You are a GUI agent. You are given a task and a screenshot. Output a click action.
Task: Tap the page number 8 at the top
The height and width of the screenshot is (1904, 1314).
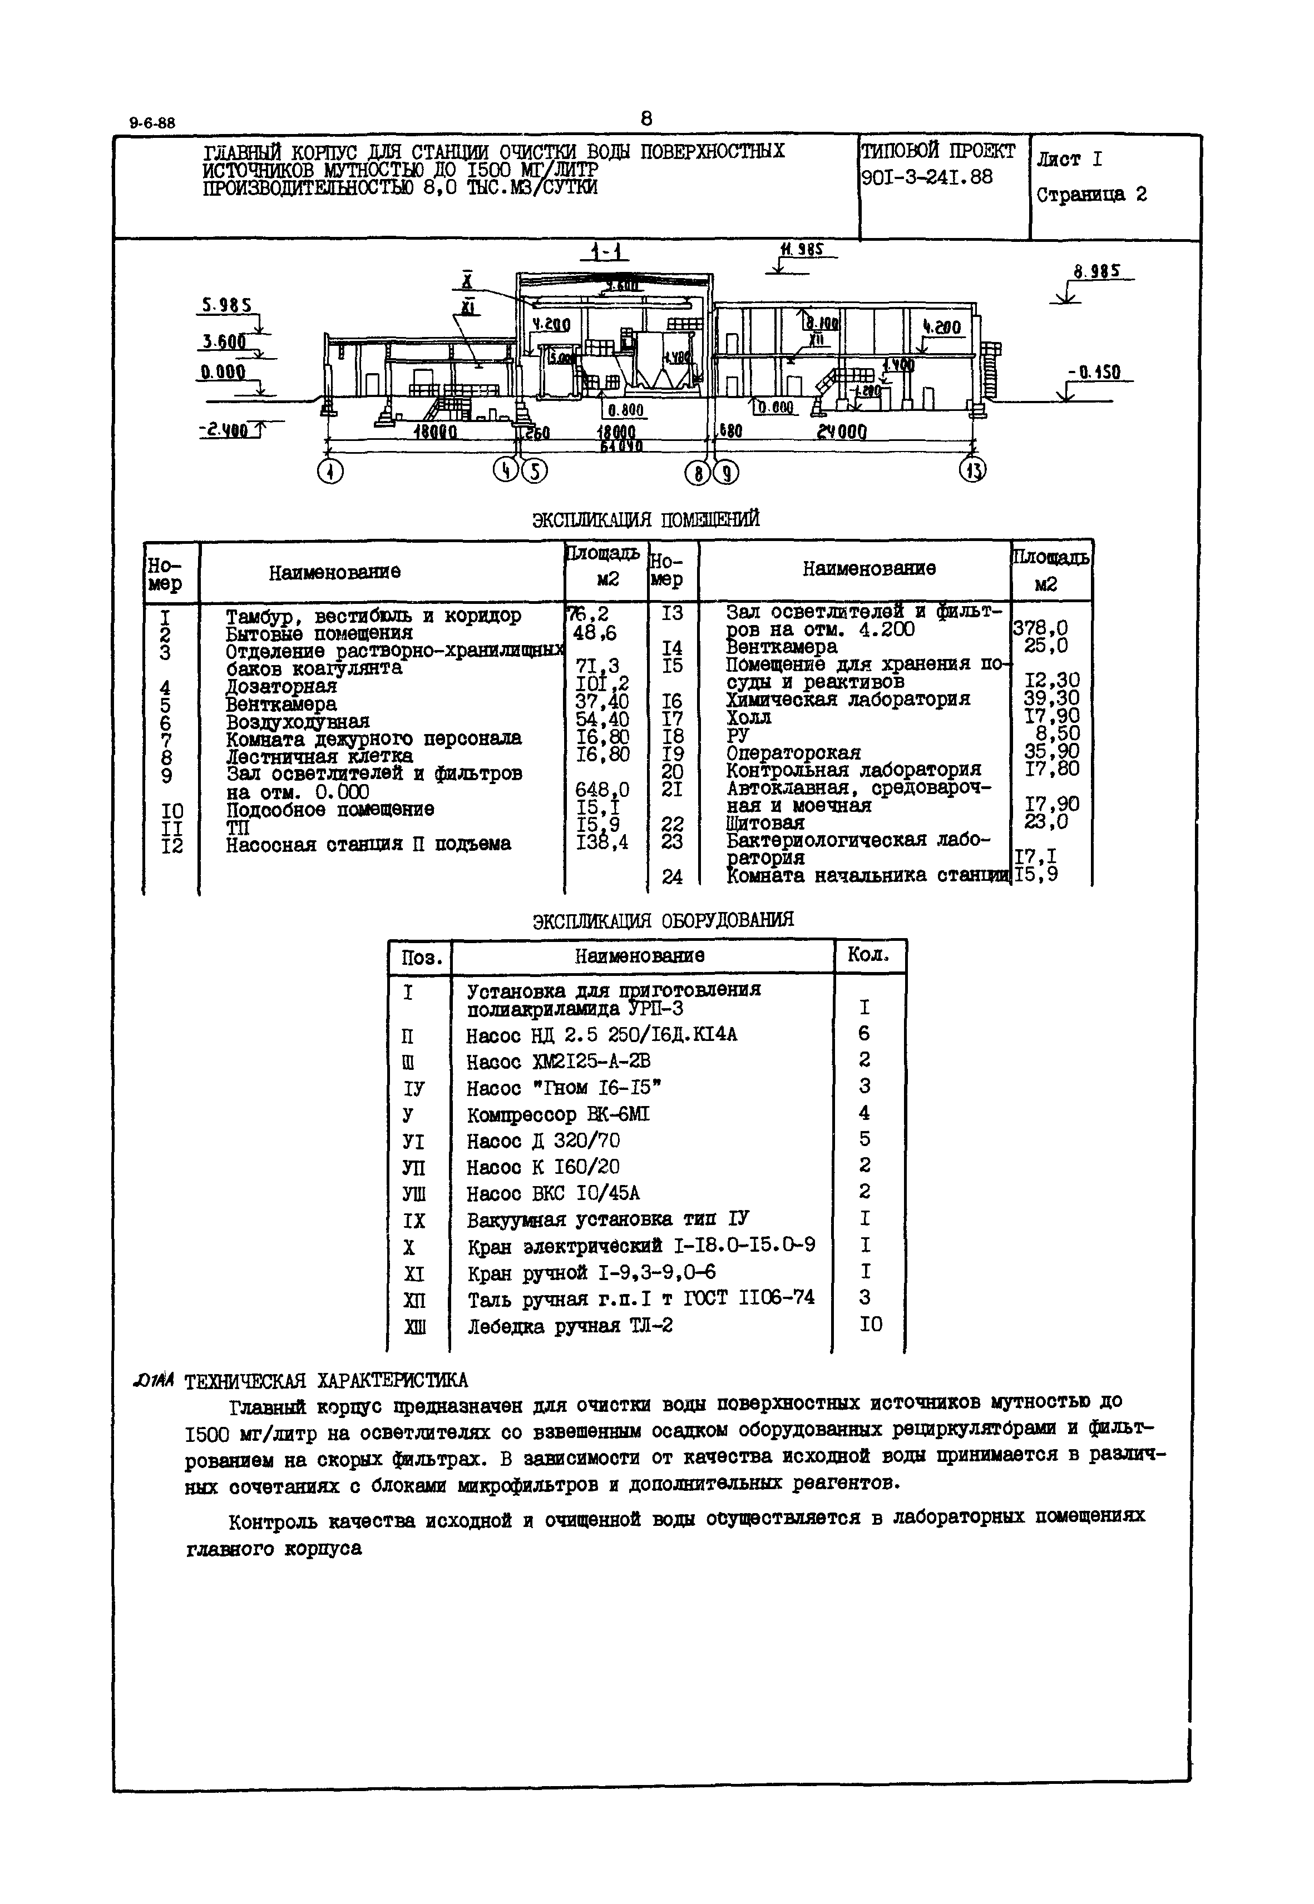click(646, 120)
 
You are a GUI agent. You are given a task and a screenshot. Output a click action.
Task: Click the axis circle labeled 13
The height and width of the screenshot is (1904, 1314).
click(973, 470)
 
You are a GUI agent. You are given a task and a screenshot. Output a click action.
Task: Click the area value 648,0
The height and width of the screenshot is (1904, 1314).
click(602, 791)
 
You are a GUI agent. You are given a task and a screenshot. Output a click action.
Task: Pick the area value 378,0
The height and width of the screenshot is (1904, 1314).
click(1040, 629)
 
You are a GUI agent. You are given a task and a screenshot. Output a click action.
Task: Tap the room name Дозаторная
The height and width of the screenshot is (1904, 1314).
click(281, 686)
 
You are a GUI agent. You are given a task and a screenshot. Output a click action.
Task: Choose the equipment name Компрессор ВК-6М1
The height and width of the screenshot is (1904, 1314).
click(557, 1115)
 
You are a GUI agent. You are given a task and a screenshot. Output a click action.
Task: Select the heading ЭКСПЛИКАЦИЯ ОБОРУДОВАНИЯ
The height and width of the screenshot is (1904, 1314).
click(663, 920)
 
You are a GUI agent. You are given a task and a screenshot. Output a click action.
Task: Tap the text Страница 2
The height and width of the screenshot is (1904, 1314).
click(1091, 195)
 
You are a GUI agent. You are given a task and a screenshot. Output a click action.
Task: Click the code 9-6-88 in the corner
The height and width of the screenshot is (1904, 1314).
click(152, 123)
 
